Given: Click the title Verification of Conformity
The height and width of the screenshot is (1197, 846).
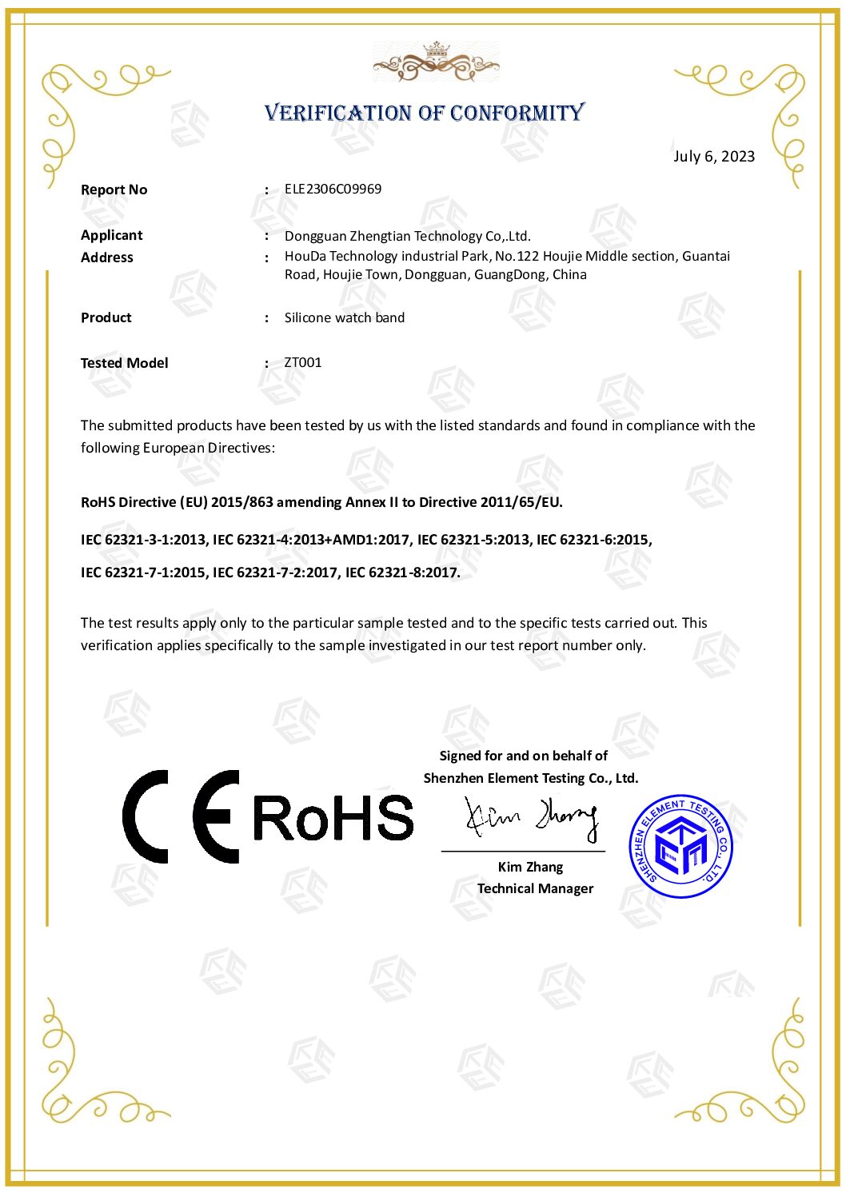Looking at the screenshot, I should pyautogui.click(x=425, y=113).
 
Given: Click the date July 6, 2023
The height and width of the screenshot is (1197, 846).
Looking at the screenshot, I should pyautogui.click(x=713, y=156).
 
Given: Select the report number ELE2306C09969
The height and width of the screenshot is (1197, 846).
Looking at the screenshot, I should pyautogui.click(x=333, y=189).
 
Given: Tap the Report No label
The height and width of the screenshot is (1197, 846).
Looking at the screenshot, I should pyautogui.click(x=114, y=190).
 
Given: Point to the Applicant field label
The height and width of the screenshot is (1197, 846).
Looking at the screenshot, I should pyautogui.click(x=111, y=235).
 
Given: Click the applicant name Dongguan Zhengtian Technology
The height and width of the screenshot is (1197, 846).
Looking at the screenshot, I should pyautogui.click(x=407, y=236).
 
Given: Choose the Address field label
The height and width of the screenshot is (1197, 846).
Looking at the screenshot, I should pyautogui.click(x=106, y=257).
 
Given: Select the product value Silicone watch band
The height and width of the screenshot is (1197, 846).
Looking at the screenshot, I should pyautogui.click(x=344, y=317).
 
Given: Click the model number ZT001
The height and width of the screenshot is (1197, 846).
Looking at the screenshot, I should pyautogui.click(x=302, y=362).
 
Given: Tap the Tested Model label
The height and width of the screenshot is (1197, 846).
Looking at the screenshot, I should pyautogui.click(x=124, y=363).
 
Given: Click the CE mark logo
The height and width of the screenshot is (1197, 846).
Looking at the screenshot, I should pyautogui.click(x=181, y=816).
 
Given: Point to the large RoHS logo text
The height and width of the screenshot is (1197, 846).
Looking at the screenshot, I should pyautogui.click(x=333, y=818).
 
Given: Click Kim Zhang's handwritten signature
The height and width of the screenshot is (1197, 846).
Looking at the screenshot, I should pyautogui.click(x=531, y=817).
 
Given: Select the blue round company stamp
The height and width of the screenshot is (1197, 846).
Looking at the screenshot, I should pyautogui.click(x=680, y=846).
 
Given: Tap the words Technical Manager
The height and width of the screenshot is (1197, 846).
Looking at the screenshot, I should pyautogui.click(x=535, y=888).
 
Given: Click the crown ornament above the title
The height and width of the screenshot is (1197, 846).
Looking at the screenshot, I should pyautogui.click(x=436, y=61).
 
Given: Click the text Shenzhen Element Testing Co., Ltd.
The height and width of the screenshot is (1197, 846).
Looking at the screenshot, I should pyautogui.click(x=530, y=778).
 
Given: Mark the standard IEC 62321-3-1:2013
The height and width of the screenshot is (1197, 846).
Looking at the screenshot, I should pyautogui.click(x=143, y=540).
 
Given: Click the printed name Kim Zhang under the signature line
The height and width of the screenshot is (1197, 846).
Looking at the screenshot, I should pyautogui.click(x=530, y=867).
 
